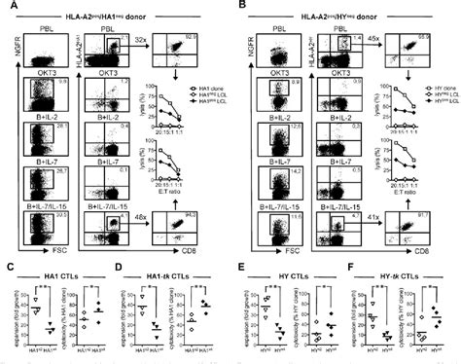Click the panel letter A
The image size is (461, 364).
8,8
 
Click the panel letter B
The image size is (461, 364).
236,8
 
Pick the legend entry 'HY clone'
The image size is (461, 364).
430,87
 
